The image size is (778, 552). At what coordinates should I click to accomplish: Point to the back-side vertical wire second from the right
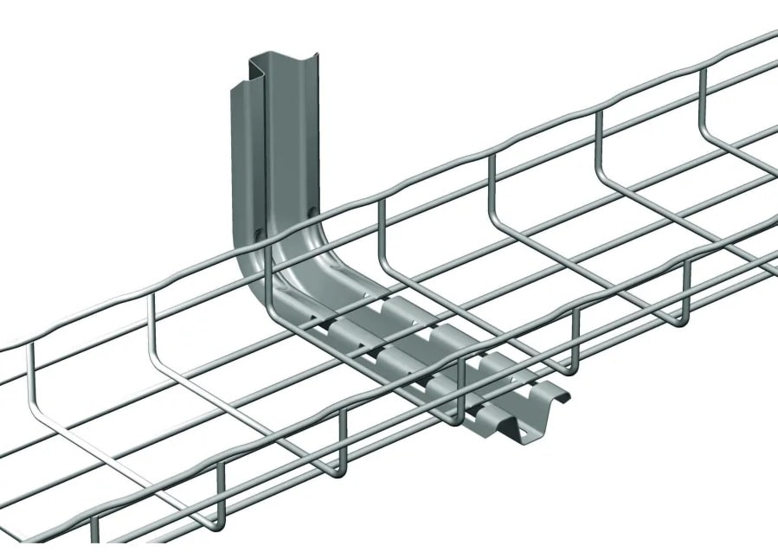coord(597,143)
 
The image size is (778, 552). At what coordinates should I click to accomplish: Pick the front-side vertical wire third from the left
coord(341,438)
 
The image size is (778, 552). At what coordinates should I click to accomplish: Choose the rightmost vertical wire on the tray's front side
coord(688,291)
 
